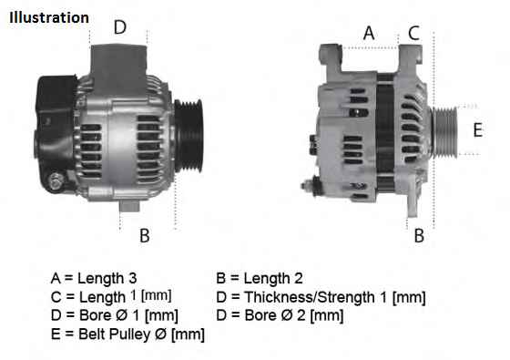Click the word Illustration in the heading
(x=50, y=17)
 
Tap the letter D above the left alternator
(x=119, y=27)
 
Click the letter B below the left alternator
(x=144, y=236)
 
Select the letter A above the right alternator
(x=369, y=34)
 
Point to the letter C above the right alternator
(x=413, y=34)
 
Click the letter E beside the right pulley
(x=477, y=129)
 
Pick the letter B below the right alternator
(x=419, y=236)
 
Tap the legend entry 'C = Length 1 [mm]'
(x=111, y=297)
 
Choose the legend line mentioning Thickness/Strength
(x=321, y=297)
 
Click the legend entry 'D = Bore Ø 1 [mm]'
(x=114, y=315)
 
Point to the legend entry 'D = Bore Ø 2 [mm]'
(x=280, y=315)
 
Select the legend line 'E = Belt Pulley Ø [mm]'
(x=127, y=334)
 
